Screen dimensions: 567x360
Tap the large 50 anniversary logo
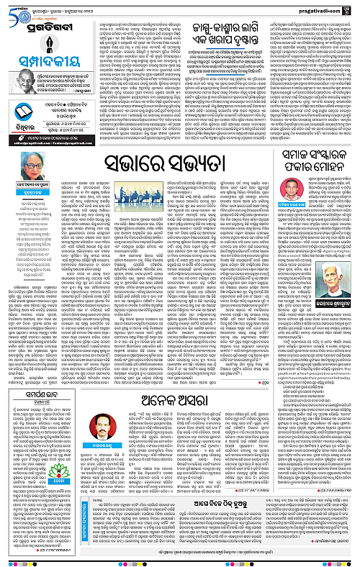pos(13,10)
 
